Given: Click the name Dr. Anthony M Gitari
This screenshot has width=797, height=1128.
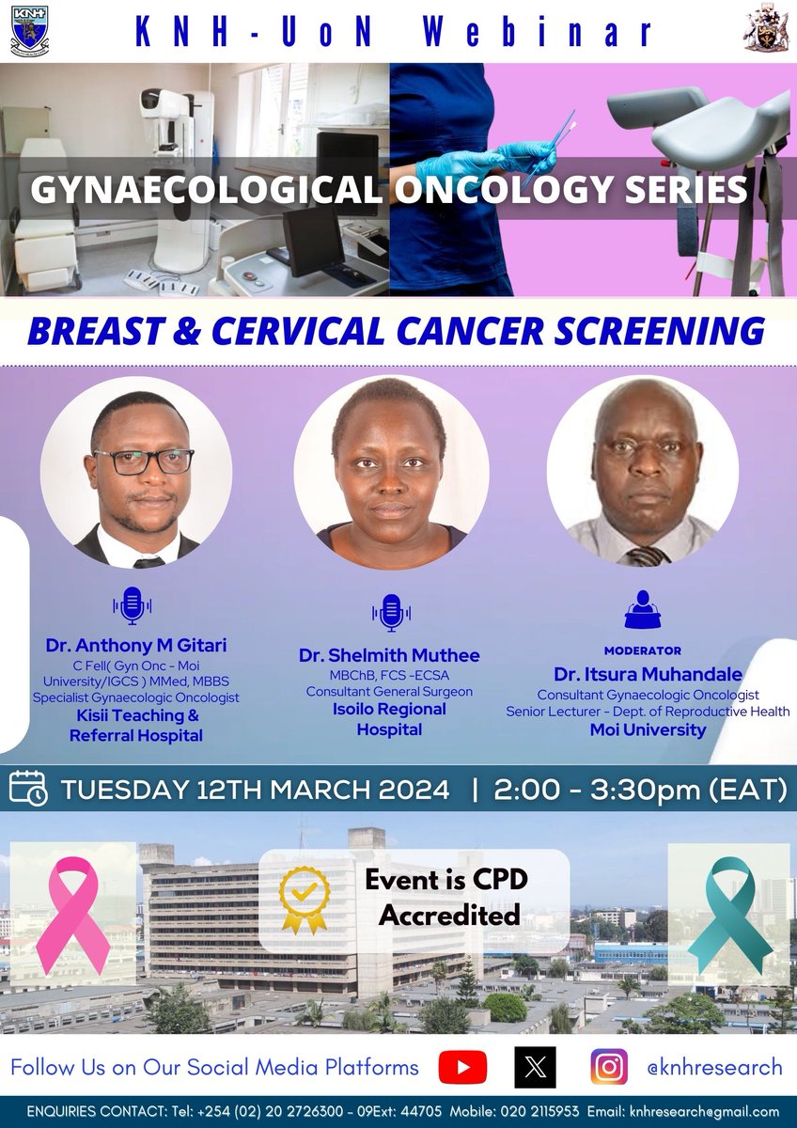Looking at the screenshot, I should [x=135, y=646].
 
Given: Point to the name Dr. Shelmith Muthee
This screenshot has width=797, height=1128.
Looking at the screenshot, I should [x=389, y=655].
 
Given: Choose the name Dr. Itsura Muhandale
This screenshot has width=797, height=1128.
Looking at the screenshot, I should [x=648, y=674].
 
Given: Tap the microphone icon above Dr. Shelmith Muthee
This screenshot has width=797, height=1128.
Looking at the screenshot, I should [x=389, y=613].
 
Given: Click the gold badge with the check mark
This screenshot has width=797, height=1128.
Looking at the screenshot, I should [x=305, y=900].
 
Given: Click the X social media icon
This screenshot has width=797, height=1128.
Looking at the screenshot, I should [x=536, y=1068].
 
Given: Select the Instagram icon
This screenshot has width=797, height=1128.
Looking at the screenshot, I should [x=609, y=1068].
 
